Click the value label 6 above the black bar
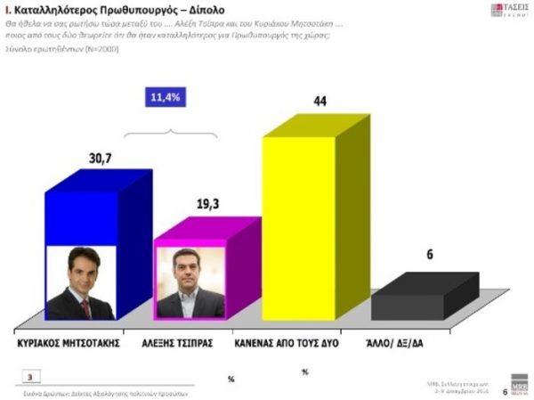[429, 255]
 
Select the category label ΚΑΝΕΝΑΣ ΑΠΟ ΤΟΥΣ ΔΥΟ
[294, 341]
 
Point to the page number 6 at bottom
[505, 390]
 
